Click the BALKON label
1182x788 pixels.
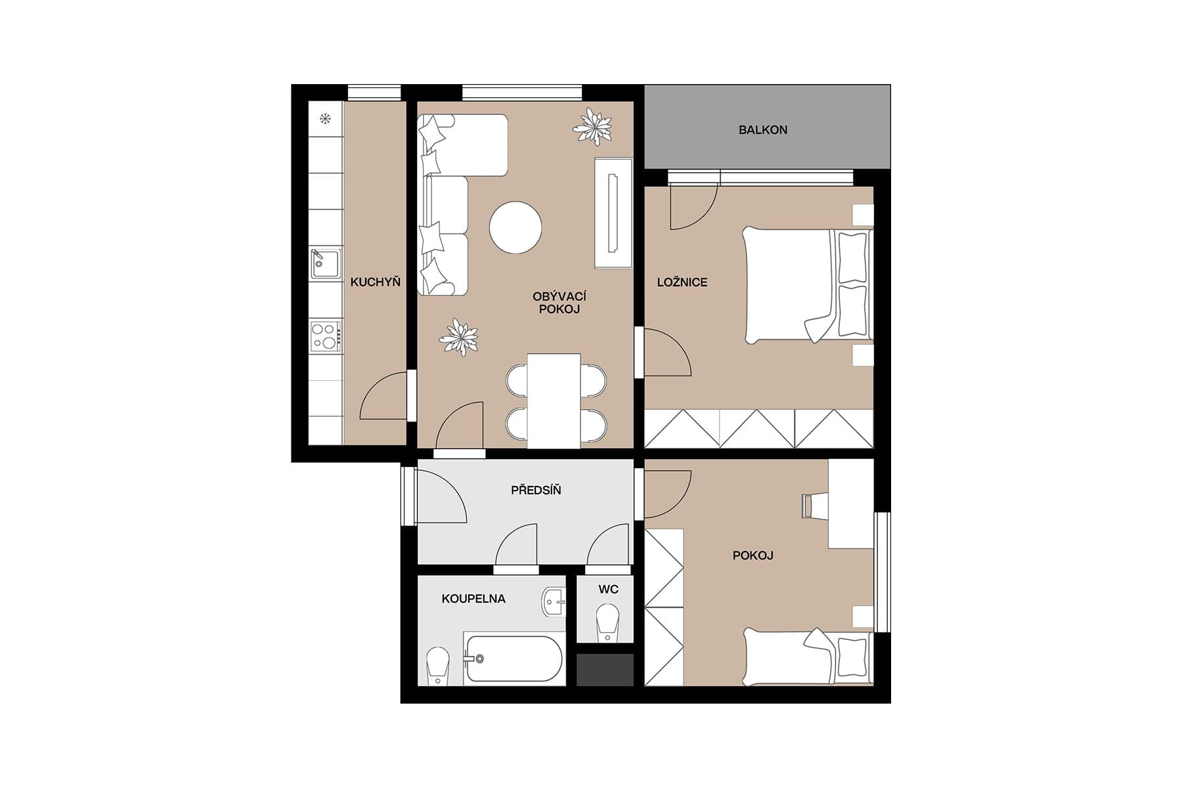click(762, 130)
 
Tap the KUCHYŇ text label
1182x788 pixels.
click(375, 282)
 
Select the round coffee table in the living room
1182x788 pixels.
click(515, 228)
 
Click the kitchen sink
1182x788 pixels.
click(325, 264)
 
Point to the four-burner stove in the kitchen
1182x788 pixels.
click(326, 335)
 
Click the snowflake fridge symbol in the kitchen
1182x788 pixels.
click(324, 119)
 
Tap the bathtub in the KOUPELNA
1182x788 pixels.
click(514, 659)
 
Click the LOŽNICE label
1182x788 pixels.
click(682, 282)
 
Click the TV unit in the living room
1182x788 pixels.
click(613, 213)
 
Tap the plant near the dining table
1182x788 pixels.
click(458, 336)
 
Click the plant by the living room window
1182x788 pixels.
click(594, 127)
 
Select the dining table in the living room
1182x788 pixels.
click(554, 401)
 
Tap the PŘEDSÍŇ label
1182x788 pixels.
click(536, 490)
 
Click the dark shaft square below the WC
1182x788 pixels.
click(605, 670)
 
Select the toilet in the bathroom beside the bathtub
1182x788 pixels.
click(437, 665)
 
